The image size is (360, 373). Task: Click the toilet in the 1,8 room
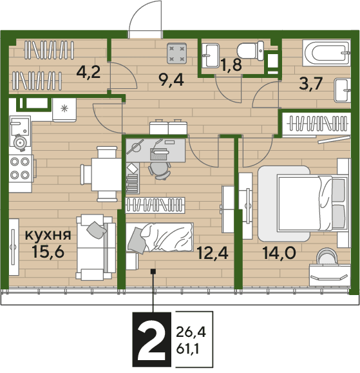coord(251,50)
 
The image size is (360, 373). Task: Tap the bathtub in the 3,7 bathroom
coord(327,53)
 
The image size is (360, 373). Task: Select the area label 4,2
coord(89,72)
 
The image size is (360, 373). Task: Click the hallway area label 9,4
coord(171,80)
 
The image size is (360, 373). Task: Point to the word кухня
coord(48,234)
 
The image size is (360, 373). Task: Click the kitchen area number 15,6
coord(48,251)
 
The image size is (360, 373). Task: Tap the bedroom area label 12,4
coord(213,253)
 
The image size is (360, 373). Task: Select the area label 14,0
coord(279,253)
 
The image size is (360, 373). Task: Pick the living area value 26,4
coord(191,332)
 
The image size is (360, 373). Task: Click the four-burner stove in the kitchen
coord(21,168)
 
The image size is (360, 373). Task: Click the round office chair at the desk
coord(160,170)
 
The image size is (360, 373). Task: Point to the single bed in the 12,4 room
coord(159,237)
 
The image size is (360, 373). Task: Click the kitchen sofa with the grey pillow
coord(95,247)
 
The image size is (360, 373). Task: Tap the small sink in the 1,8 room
coord(211,55)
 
